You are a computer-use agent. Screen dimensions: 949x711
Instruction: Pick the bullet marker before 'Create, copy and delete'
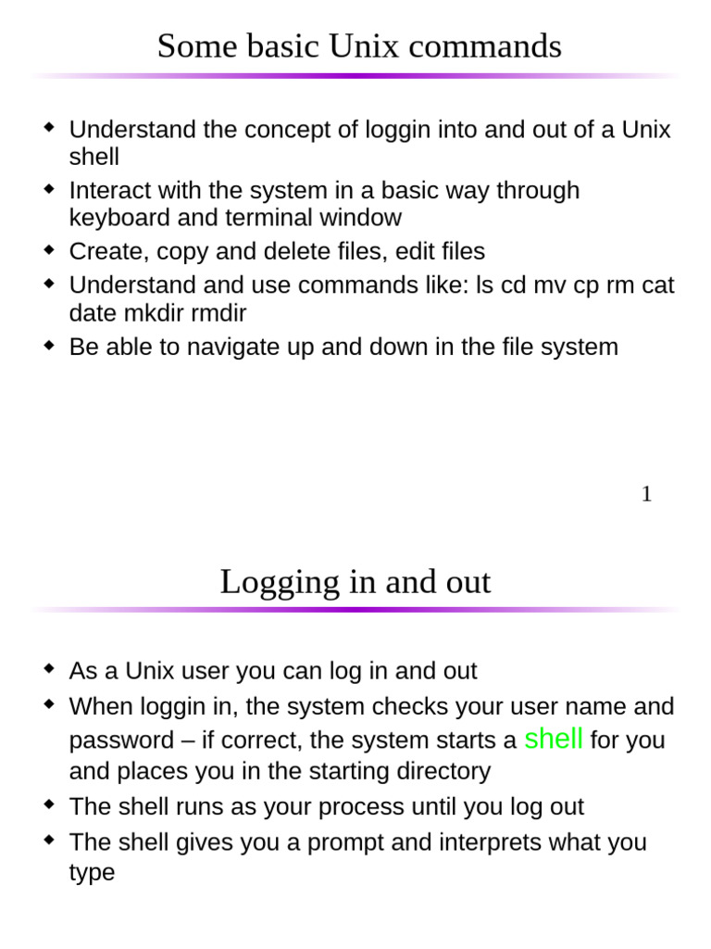(x=50, y=250)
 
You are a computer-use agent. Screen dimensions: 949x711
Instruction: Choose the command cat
(x=657, y=285)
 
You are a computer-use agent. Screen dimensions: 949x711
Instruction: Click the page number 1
(x=646, y=495)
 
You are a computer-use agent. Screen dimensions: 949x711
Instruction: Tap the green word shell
(x=554, y=739)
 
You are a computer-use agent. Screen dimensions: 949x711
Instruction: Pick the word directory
(x=442, y=771)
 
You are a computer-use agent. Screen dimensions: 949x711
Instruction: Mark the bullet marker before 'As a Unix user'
(x=50, y=669)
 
